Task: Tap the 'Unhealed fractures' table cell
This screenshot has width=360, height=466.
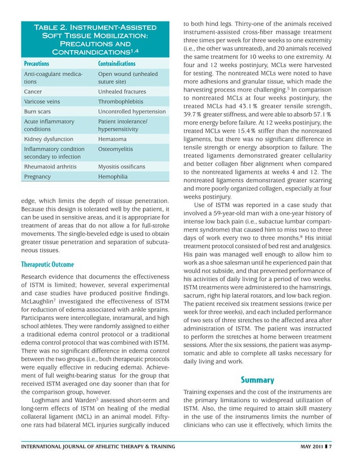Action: click(122, 91)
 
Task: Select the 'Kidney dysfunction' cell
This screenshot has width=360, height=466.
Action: click(46, 138)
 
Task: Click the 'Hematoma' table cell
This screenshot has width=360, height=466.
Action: click(112, 138)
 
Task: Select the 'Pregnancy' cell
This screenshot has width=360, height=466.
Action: click(37, 177)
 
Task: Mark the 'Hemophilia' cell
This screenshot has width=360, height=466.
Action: click(113, 177)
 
